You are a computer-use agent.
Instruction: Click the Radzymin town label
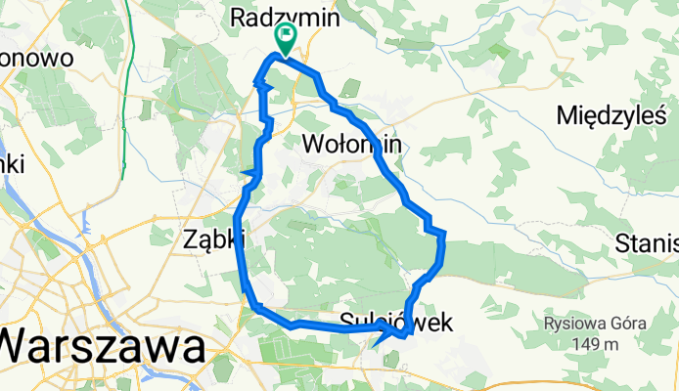[284, 17]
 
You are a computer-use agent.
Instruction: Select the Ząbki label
[213, 238]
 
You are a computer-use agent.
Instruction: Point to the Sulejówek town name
[396, 323]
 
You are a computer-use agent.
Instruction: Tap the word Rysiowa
[578, 324]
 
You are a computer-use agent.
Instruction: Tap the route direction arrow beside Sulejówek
[383, 338]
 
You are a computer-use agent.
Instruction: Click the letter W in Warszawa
[22, 347]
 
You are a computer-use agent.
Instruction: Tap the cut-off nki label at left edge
[12, 164]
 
